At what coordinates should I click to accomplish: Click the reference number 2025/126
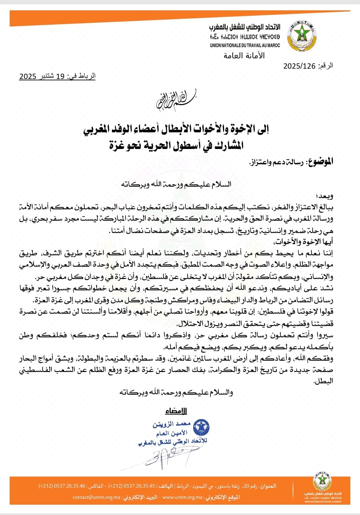299,66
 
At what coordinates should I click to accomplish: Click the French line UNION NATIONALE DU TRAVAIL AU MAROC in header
245,45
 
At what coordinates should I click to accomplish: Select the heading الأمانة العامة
244,56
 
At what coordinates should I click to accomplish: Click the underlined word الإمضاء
176,411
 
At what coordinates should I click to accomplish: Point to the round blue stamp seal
201,428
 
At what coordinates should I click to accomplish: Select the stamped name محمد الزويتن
171,424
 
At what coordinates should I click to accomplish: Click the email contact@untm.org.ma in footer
97,497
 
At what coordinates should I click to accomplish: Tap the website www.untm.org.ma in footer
182,497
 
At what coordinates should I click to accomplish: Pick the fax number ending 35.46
62,486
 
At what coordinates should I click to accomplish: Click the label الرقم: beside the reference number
325,66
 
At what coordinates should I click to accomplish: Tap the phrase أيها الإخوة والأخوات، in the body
303,242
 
